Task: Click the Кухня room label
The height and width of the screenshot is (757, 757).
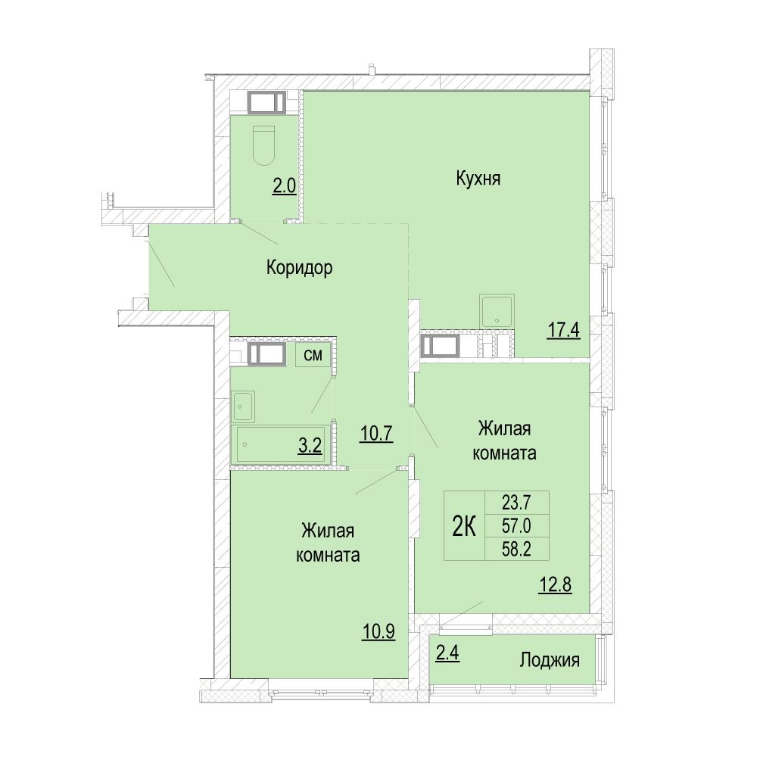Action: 478,179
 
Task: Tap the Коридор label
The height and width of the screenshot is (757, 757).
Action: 299,267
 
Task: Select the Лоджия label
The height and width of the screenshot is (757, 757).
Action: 550,660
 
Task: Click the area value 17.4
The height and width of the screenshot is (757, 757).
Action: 563,332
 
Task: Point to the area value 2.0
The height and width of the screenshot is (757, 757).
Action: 285,186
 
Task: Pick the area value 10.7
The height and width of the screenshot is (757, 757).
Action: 376,435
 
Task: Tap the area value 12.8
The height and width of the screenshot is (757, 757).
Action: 555,585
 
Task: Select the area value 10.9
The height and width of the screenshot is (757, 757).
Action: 378,631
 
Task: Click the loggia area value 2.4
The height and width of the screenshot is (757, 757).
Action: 447,654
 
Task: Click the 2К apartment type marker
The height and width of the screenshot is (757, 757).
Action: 465,526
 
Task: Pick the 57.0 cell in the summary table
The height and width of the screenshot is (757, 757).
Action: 516,526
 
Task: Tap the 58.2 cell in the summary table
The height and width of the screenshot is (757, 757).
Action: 516,549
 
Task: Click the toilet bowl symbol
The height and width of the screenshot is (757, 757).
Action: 263,146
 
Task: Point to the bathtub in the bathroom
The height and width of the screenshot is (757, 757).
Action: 282,444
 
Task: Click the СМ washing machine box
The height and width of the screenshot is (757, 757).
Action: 313,355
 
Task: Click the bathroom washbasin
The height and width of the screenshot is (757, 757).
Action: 243,407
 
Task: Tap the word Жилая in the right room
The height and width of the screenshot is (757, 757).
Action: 504,428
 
